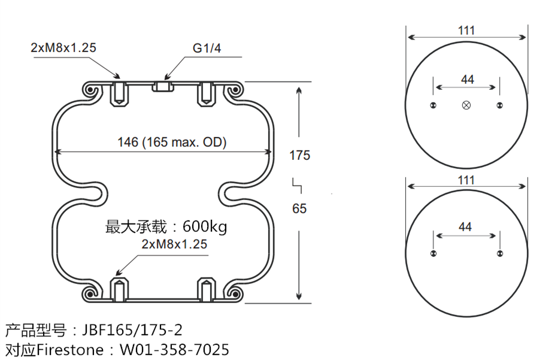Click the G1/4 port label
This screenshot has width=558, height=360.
[207, 48]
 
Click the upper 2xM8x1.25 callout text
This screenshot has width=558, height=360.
[63, 48]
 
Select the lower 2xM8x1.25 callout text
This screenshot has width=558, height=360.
[174, 244]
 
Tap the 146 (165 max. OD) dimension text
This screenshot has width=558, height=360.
[172, 142]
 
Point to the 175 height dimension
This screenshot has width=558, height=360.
[299, 155]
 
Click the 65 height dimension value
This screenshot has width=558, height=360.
[299, 208]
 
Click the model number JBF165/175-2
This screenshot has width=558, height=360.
[132, 329]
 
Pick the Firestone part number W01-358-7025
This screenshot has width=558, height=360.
[174, 349]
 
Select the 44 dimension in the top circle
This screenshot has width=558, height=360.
[467, 79]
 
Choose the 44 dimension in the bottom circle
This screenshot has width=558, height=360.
[465, 226]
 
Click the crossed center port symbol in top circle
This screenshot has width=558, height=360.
[467, 105]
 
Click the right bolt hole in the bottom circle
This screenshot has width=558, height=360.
[499, 254]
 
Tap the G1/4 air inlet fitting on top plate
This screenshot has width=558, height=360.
[163, 87]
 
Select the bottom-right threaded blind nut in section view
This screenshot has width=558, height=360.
[207, 289]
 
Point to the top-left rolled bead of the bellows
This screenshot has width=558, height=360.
[91, 90]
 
